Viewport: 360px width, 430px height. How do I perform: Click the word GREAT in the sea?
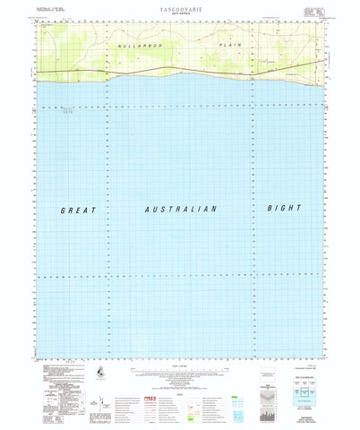point(76,209)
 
